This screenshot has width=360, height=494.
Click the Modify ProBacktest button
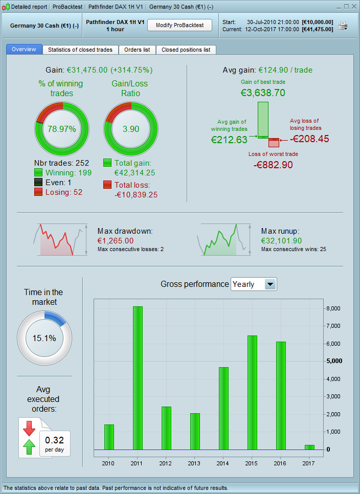[179, 25]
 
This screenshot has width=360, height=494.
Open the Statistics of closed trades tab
[80, 50]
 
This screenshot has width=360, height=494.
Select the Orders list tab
[137, 50]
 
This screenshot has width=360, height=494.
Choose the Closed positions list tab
[186, 50]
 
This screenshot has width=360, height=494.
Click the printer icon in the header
[343, 26]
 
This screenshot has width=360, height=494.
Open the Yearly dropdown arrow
[270, 284]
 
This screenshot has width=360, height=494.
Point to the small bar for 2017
[309, 447]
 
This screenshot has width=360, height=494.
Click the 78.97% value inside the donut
[62, 129]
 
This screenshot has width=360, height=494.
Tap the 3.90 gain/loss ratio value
[131, 129]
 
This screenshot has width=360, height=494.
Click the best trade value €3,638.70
[263, 93]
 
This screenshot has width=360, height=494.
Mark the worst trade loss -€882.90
[273, 164]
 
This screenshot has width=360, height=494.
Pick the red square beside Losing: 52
[38, 192]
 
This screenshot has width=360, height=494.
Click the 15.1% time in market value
[44, 338]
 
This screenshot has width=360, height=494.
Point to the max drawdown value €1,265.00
[116, 240]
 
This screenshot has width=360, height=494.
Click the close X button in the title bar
[354, 7]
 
